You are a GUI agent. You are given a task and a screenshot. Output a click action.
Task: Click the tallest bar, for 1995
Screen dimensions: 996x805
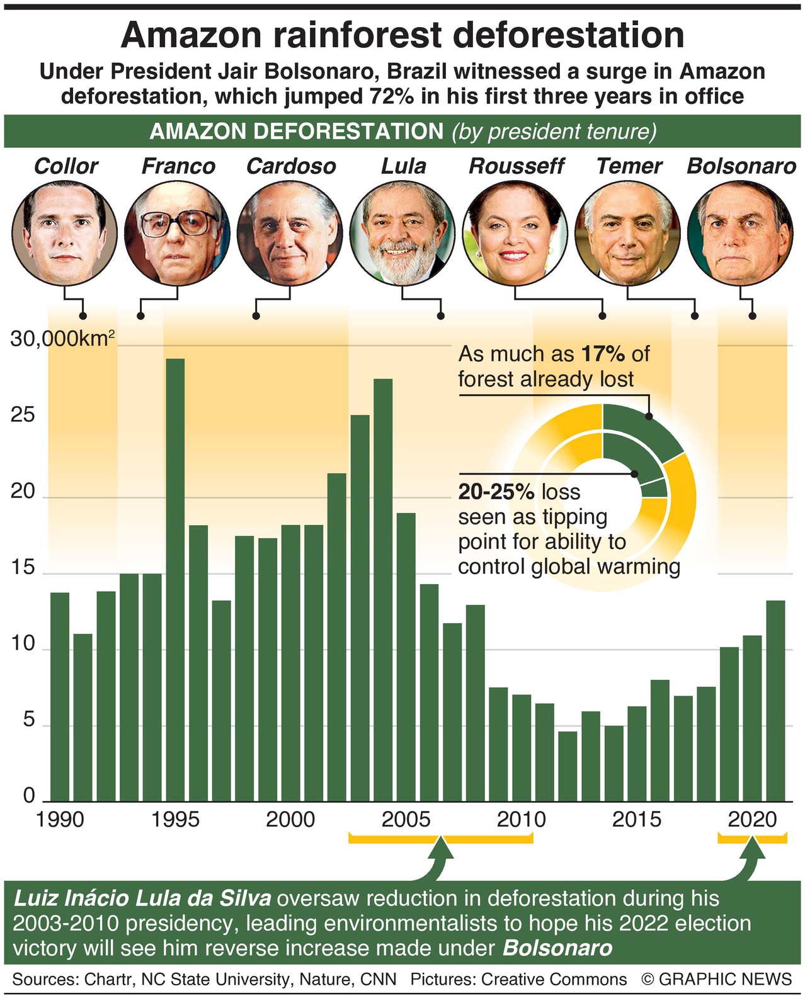pos(175,579)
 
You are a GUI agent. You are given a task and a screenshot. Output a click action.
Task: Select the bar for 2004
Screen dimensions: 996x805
pos(382,589)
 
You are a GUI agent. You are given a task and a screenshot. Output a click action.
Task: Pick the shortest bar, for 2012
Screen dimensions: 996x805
pos(568,766)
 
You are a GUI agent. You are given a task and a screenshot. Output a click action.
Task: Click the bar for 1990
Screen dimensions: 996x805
pos(60,696)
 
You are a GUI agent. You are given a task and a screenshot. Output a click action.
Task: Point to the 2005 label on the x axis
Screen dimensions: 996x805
pos(406,819)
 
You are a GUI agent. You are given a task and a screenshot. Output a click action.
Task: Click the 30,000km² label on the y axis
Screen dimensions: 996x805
pos(62,339)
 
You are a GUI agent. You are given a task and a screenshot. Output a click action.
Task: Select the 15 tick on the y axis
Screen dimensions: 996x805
pos(23,568)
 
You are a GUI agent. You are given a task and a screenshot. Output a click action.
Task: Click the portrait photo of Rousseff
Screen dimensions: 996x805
pos(515,233)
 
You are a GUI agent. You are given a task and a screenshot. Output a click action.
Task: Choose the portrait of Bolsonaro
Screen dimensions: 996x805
pos(739,233)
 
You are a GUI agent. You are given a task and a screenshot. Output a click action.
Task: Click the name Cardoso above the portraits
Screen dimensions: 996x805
pos(291,166)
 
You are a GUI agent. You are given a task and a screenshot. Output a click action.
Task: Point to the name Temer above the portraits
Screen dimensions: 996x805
pos(629,166)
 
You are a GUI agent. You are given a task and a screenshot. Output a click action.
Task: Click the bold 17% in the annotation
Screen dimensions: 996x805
pos(603,354)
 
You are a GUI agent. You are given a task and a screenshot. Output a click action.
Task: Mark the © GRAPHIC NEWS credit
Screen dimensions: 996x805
pos(716,980)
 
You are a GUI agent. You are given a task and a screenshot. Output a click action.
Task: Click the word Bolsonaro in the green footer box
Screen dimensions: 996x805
pos(557,948)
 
